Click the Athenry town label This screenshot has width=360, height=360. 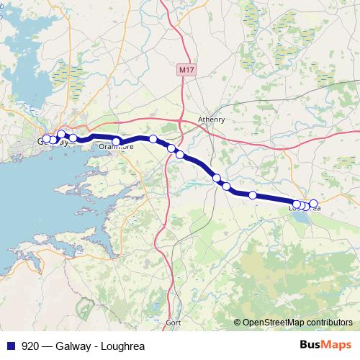click(212, 120)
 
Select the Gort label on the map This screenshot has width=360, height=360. click(174, 323)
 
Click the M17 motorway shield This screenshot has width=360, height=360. click(186, 69)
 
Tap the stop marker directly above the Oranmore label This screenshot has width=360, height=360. click(116, 141)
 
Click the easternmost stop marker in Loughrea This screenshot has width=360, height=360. click(313, 204)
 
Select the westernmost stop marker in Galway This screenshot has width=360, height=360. click(47, 139)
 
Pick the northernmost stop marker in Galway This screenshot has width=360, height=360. click(61, 134)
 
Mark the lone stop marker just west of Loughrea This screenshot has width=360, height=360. click(253, 195)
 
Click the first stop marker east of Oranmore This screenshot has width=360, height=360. click(153, 139)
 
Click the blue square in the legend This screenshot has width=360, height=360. click(10, 344)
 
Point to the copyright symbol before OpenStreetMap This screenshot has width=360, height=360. click(238, 323)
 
